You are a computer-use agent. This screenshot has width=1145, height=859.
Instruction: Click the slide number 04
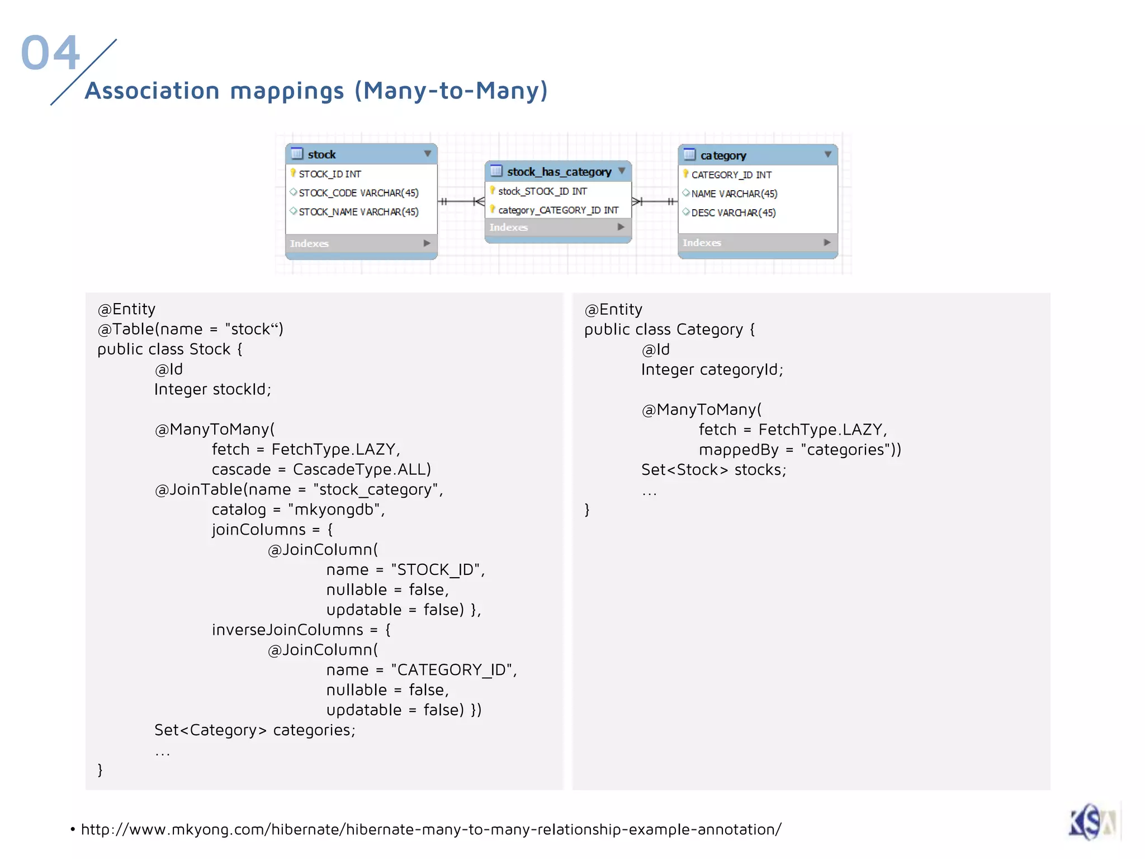50,53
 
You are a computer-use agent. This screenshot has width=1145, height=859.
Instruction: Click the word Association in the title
152,91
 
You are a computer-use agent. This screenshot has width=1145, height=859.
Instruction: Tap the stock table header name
321,154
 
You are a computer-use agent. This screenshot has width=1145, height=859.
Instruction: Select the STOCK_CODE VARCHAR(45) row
358,193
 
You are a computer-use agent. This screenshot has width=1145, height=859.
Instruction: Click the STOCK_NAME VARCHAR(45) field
358,212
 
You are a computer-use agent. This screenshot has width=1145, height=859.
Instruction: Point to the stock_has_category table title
559,172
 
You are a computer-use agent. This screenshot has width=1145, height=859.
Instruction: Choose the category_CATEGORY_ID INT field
558,210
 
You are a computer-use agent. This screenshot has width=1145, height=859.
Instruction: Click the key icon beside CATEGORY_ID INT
685,174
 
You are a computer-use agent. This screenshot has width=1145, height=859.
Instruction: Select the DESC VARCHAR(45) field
733,213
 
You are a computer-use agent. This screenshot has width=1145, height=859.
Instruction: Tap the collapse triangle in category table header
827,154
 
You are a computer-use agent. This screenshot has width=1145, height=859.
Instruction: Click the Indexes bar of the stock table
361,243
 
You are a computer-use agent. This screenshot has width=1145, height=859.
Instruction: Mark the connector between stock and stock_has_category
461,201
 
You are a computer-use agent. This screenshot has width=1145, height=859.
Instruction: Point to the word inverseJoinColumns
287,630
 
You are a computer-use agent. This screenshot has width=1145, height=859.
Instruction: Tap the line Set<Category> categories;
255,730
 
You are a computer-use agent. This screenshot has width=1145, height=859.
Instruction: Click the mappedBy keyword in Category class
739,450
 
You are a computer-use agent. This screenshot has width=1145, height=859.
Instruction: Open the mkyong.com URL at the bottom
431,829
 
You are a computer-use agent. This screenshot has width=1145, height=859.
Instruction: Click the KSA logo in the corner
1092,822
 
